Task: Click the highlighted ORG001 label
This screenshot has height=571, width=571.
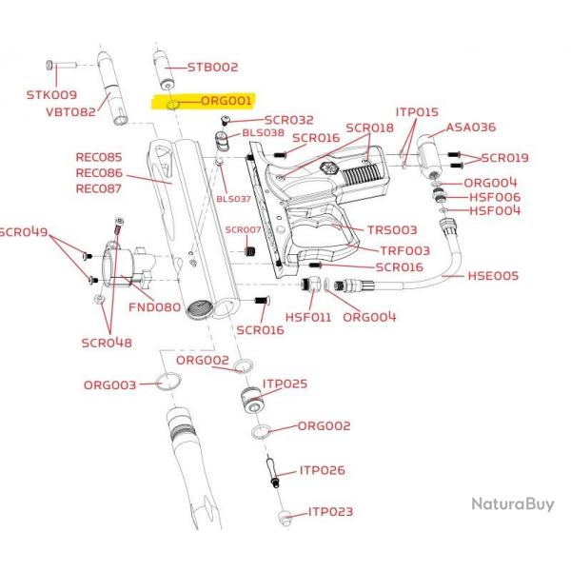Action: point(225,100)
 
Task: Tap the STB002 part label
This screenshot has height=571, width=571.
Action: point(212,68)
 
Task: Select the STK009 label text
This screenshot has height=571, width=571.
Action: point(51,95)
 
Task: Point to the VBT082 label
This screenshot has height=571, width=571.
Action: point(70,111)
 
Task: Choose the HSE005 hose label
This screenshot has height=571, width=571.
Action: point(493,276)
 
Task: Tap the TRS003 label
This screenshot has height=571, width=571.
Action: point(392,229)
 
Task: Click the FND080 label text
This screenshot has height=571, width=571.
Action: point(154,307)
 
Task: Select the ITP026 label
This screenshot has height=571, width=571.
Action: point(322,470)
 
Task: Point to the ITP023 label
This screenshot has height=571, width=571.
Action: point(330,512)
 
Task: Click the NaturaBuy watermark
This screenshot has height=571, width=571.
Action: point(512,503)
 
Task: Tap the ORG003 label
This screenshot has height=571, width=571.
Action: point(109,384)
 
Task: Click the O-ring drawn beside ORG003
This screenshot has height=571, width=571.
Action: point(169,383)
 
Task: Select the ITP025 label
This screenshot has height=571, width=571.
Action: point(285,384)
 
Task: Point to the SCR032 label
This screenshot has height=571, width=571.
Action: point(288,121)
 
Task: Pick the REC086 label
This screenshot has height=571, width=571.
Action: point(99,173)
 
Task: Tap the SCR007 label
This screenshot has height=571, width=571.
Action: point(243,230)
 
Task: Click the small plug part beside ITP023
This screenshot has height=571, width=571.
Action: point(284,517)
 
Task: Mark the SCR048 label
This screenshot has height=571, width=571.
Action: point(107,343)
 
